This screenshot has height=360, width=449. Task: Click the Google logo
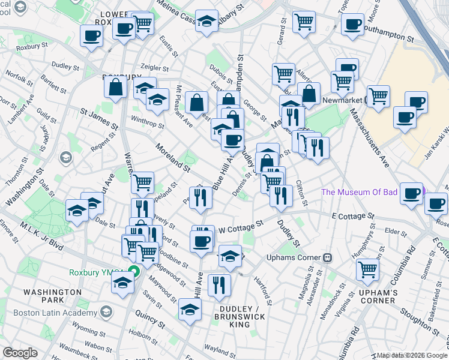click(x=20, y=353)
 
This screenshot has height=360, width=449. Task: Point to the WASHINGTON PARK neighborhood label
click(x=52, y=296)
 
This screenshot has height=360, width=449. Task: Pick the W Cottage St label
click(x=241, y=227)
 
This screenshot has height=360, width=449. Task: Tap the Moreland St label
click(x=172, y=154)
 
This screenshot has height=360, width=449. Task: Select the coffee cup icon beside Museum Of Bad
click(x=412, y=193)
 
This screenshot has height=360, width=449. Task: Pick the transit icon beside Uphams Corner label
click(x=328, y=257)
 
